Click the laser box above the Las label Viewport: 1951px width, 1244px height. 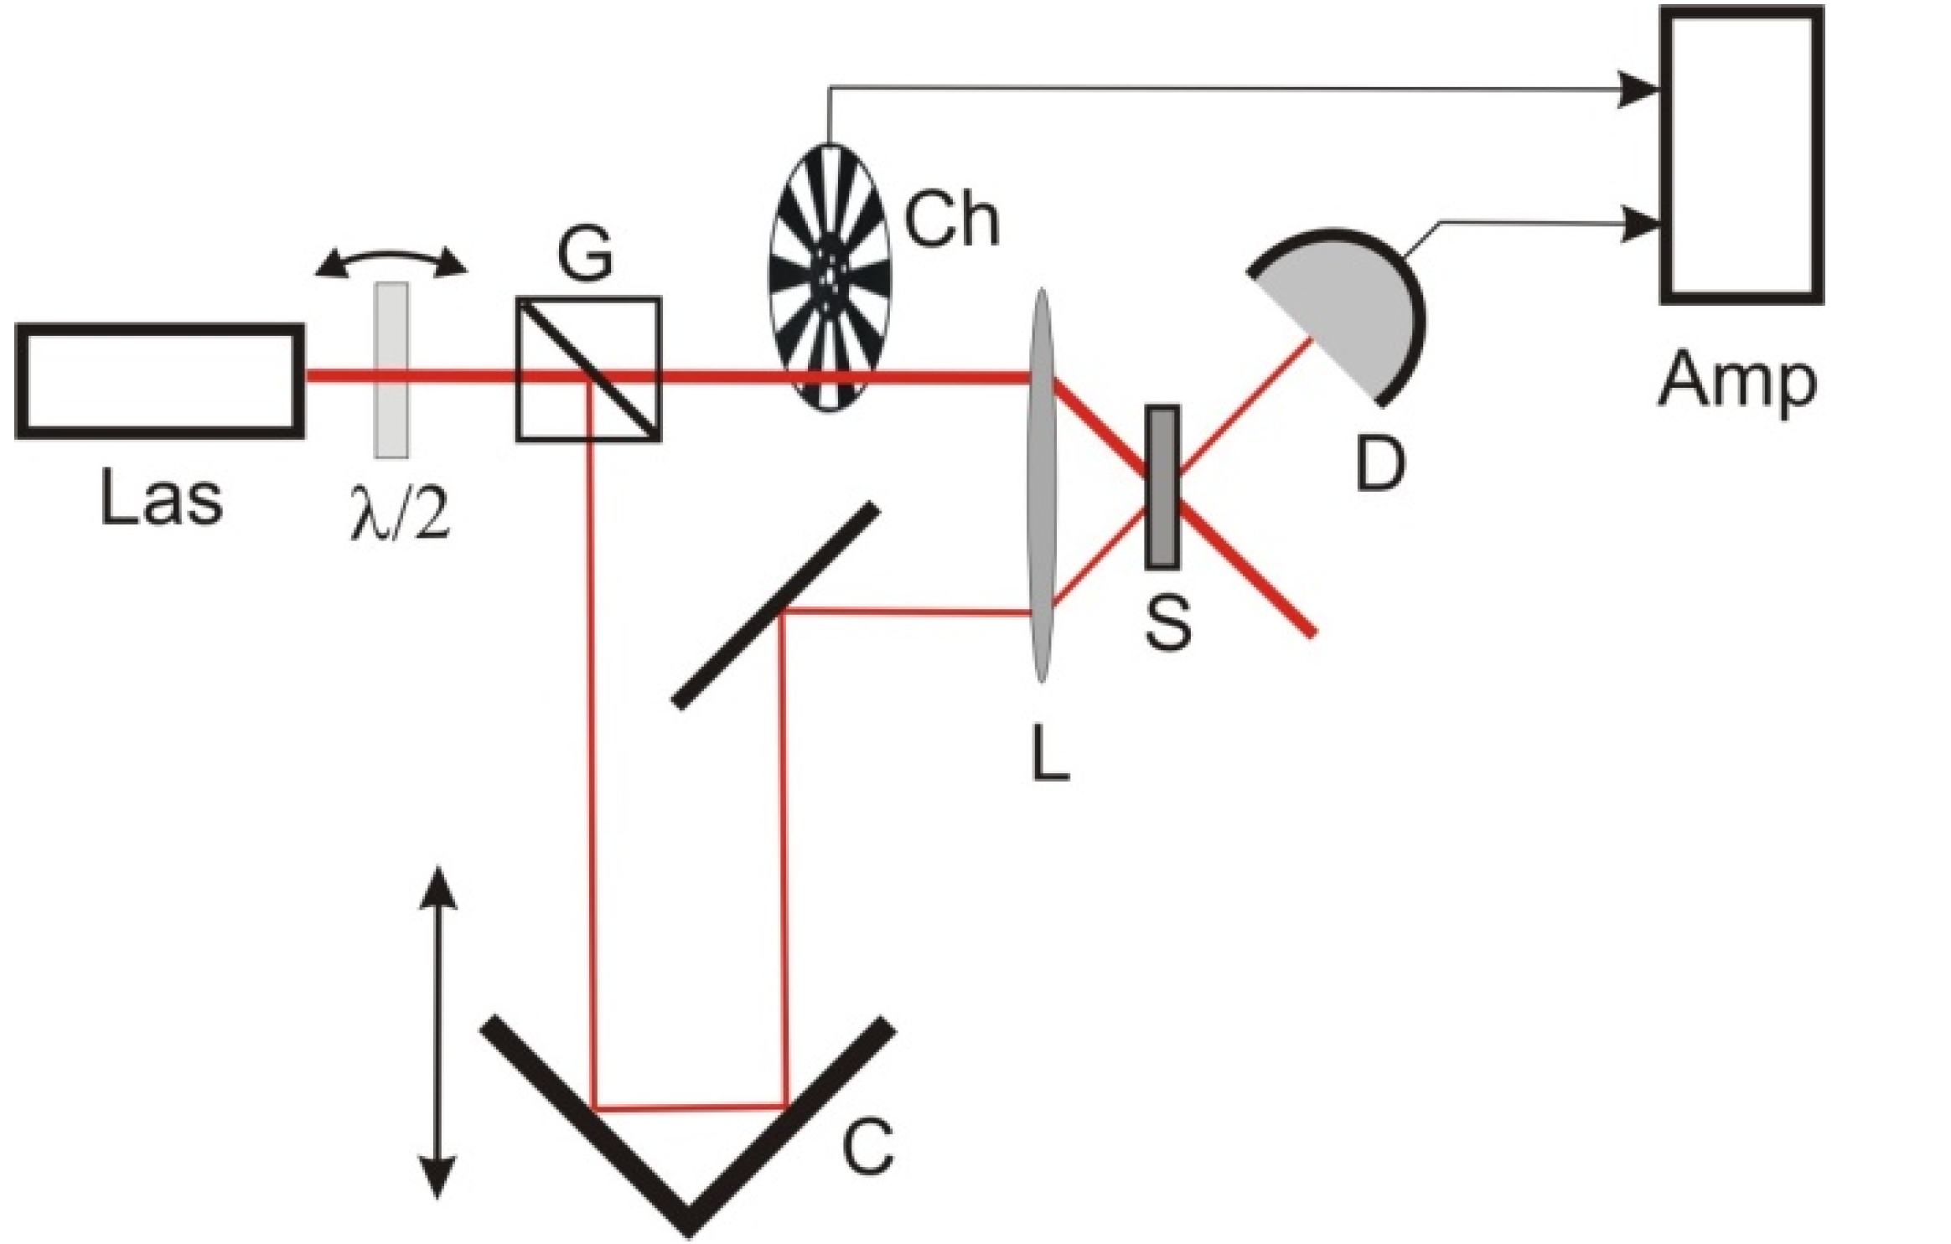point(159,381)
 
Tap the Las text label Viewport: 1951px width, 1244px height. point(161,499)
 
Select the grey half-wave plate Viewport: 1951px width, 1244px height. point(391,369)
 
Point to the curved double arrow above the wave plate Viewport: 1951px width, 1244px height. point(391,261)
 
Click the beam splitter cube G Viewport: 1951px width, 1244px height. point(588,369)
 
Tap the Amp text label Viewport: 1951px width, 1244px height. point(1738,381)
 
